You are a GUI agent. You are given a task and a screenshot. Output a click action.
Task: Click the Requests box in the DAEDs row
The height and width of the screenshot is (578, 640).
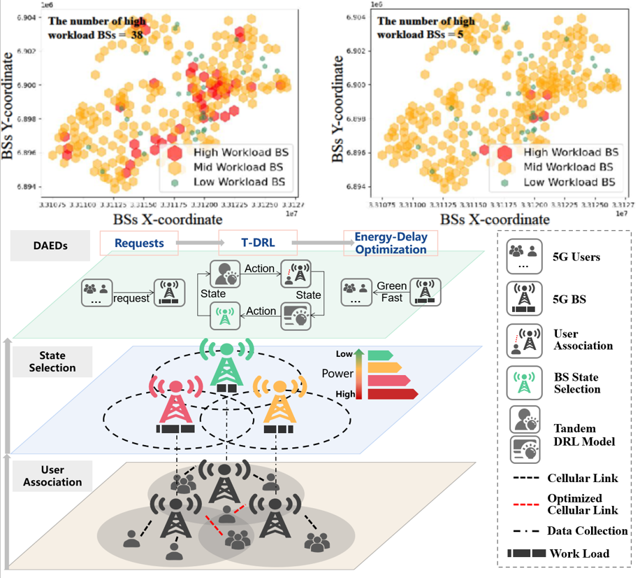[139, 244]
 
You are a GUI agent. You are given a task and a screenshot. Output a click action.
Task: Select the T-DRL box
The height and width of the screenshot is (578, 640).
[258, 244]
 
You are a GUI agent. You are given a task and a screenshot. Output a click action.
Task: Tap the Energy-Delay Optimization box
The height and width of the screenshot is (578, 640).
[391, 244]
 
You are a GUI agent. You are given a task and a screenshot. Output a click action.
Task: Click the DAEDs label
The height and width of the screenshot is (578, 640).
[52, 246]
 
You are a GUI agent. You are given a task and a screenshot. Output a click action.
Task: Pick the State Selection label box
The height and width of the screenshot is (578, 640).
[52, 362]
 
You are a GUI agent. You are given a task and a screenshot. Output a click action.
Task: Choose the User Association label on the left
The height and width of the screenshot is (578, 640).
[52, 476]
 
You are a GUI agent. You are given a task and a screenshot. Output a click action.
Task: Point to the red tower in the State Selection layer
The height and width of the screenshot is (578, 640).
[175, 406]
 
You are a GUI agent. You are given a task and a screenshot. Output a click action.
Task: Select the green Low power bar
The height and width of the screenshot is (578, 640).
[380, 354]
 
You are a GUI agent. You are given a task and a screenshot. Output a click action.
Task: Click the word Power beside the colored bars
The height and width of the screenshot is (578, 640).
[337, 374]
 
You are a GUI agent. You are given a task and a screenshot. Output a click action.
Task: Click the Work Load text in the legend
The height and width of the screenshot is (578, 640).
[579, 554]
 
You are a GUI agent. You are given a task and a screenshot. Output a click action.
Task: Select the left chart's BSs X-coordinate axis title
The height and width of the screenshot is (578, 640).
[161, 219]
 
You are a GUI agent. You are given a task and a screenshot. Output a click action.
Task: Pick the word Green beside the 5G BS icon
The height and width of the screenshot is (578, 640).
[391, 286]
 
